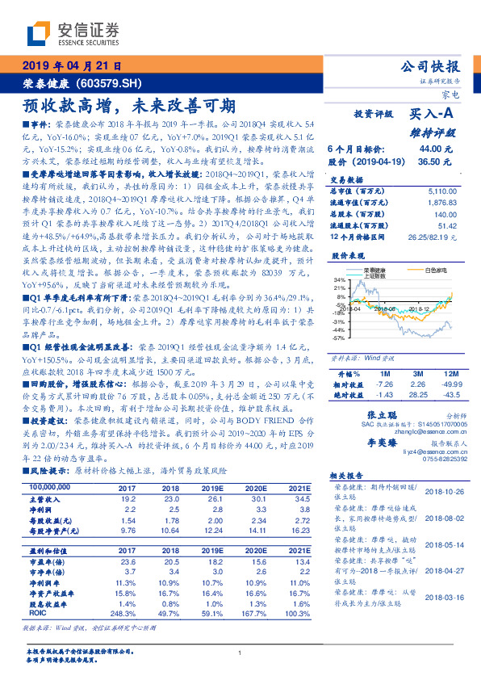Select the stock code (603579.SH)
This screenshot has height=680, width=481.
[x=109, y=83]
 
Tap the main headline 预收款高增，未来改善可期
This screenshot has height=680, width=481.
[x=129, y=105]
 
